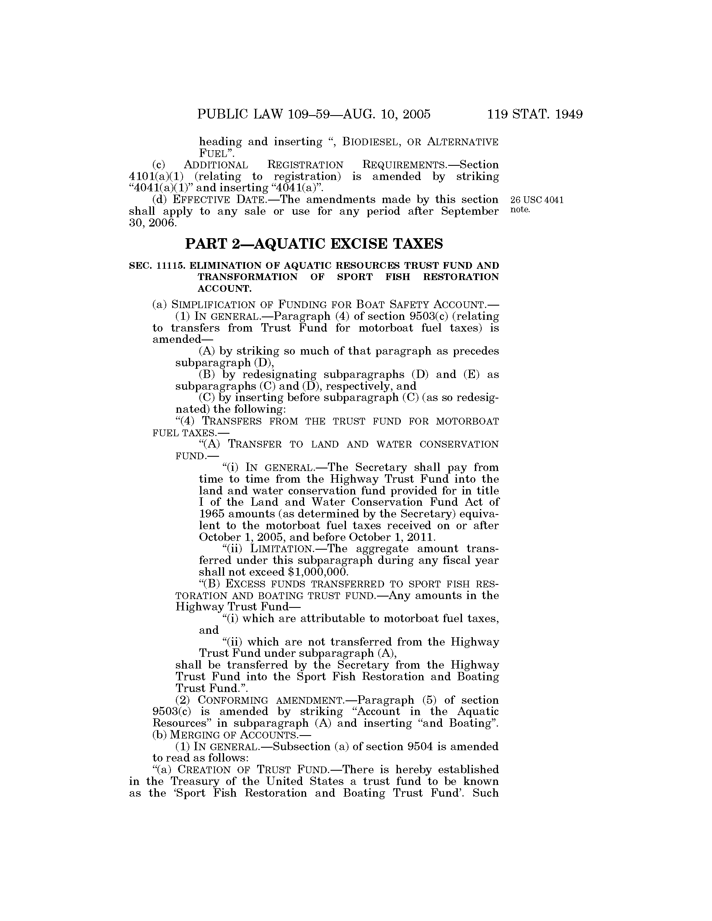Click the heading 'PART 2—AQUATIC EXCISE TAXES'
314,244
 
